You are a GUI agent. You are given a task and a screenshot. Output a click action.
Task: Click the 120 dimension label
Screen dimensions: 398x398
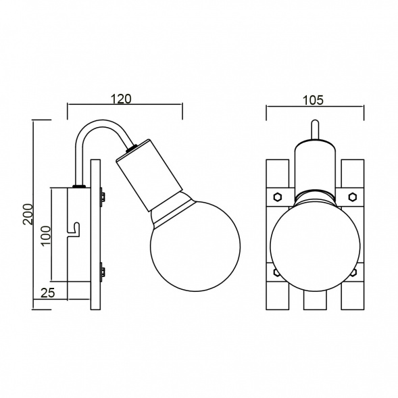[122, 99]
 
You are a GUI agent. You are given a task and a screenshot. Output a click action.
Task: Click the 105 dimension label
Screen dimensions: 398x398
[314, 100]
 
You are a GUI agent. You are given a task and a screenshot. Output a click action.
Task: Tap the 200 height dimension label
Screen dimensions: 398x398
[28, 214]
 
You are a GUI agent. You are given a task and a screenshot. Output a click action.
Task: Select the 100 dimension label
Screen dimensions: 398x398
[46, 236]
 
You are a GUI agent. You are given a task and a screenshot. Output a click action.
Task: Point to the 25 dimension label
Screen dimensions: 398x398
[48, 293]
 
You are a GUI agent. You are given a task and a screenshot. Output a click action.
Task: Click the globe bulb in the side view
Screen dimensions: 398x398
[195, 246]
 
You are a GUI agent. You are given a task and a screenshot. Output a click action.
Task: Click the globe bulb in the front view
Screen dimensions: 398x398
[315, 245]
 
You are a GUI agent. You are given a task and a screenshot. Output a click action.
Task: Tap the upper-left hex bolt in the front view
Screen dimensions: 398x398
[277, 197]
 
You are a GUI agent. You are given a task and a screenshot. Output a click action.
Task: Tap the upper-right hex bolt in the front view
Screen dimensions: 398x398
[352, 197]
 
